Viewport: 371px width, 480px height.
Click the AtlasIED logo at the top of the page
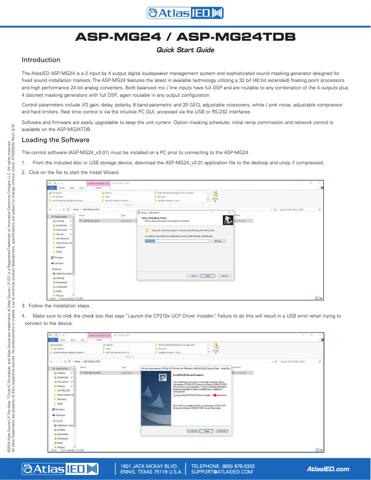point(185,13)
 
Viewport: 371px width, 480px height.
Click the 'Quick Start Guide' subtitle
point(185,50)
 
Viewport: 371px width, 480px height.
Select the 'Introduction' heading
point(41,60)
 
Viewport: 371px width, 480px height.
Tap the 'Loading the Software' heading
point(56,140)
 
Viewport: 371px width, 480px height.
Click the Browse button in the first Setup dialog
point(219,241)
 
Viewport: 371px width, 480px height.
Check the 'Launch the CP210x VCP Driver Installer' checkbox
point(175,395)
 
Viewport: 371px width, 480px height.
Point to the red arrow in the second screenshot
point(221,395)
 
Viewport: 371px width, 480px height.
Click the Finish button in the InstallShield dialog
point(207,431)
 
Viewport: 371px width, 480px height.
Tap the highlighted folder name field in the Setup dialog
point(150,241)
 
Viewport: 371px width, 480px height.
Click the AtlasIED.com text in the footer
point(328,469)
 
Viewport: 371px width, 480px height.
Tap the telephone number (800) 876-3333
point(223,466)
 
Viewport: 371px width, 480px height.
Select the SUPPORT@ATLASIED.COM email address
point(222,472)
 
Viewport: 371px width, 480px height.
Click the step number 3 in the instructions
point(24,305)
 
